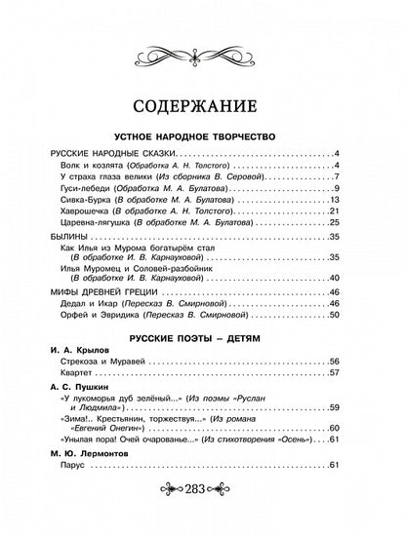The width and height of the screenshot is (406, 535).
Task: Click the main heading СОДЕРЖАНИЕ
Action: (x=203, y=102)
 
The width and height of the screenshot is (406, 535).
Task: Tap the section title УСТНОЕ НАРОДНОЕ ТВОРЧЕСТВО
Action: (x=203, y=138)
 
